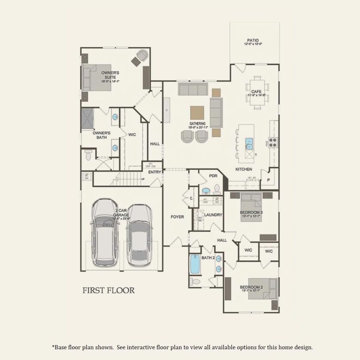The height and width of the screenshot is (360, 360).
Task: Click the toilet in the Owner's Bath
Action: [x=88, y=154]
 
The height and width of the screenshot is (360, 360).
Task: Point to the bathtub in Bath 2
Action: [x=195, y=264]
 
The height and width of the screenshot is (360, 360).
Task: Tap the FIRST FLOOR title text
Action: [x=108, y=290]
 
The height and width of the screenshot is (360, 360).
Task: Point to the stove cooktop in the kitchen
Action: [x=273, y=142]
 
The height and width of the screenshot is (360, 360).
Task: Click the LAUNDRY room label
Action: [x=213, y=215]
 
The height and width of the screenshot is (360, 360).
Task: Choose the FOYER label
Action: [x=177, y=217]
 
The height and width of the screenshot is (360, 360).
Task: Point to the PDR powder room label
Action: [x=213, y=176]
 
